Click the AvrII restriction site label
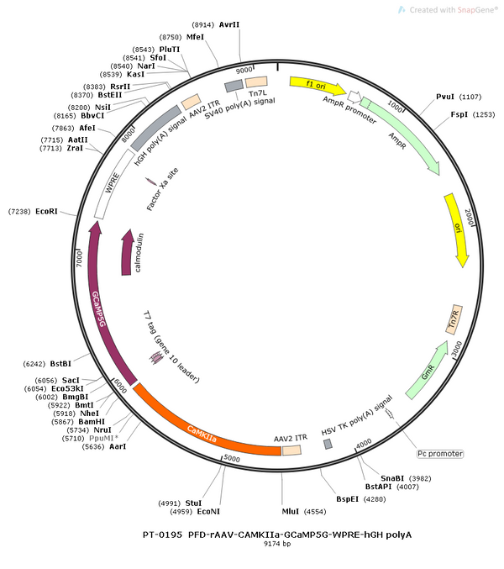[229, 24]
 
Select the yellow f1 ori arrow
[318, 86]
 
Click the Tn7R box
[454, 319]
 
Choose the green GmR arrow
[428, 371]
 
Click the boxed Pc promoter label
[440, 454]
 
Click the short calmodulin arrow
[127, 252]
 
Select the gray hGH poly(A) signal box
[156, 128]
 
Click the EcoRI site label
[46, 212]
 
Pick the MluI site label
[291, 512]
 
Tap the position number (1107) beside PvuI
[470, 97]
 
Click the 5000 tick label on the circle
[232, 458]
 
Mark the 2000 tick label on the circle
[469, 217]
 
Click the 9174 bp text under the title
[277, 544]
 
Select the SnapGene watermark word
[477, 10]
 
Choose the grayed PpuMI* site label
[103, 439]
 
